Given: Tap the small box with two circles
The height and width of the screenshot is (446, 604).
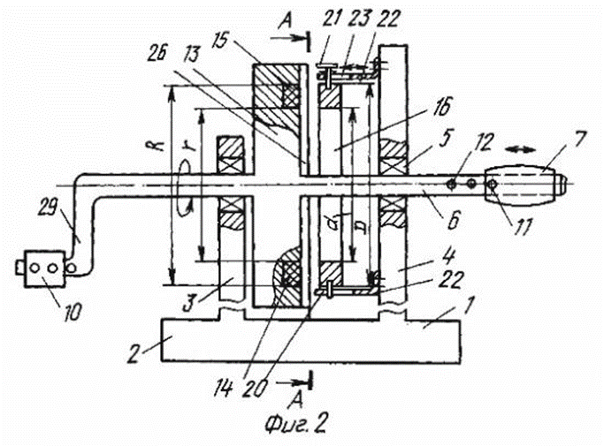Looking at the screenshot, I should [x=42, y=266].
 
